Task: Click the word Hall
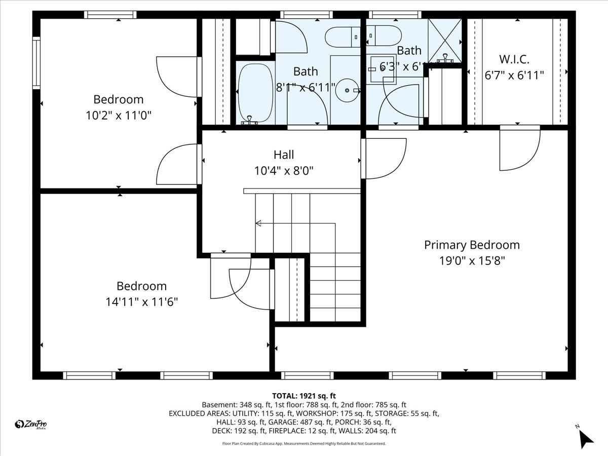click(x=283, y=155)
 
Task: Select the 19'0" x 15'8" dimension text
click(x=472, y=261)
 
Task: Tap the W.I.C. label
click(x=514, y=59)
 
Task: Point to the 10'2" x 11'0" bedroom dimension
click(x=119, y=115)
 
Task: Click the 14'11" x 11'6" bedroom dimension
click(x=141, y=302)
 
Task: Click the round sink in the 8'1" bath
click(x=348, y=90)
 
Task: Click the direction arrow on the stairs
click(x=258, y=223)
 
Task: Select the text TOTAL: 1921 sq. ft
click(x=304, y=396)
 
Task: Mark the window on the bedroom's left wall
click(x=36, y=62)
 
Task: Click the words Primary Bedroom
click(x=472, y=245)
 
